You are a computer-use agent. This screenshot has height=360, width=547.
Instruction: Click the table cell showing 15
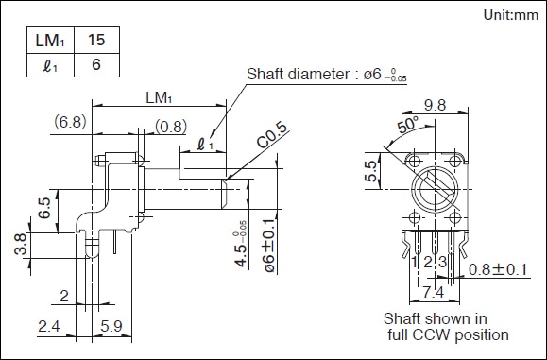click(x=96, y=40)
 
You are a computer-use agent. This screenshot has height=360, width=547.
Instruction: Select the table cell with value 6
click(x=96, y=65)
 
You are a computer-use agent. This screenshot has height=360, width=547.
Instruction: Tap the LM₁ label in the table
click(x=50, y=41)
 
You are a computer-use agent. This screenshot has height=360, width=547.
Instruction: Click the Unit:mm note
click(x=511, y=15)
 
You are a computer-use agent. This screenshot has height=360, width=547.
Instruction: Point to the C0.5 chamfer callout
click(x=273, y=135)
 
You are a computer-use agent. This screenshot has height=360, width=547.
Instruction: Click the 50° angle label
click(x=408, y=125)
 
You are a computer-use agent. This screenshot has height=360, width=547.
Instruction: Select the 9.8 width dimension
click(x=435, y=105)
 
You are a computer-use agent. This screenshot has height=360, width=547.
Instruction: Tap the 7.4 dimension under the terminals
click(x=433, y=292)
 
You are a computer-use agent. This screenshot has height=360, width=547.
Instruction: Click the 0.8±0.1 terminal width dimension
click(x=498, y=269)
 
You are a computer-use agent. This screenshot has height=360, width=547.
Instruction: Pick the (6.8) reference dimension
click(x=70, y=122)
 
